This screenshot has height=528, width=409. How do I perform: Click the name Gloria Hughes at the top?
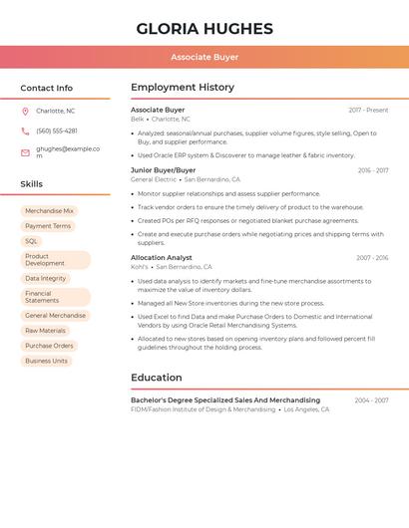(204, 28)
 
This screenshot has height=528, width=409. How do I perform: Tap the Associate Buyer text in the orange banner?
(204, 58)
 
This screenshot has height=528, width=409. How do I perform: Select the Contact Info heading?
(47, 88)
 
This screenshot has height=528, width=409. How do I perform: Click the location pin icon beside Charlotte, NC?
(25, 111)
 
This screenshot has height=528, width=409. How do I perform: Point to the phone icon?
(25, 131)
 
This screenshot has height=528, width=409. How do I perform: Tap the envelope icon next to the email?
(25, 152)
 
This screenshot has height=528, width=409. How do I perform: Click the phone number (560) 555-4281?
(57, 131)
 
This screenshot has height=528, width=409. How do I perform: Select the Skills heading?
(32, 184)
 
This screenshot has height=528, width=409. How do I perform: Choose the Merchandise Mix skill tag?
(49, 211)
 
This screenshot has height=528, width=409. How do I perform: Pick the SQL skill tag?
(32, 241)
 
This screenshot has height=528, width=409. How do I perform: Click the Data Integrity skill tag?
(46, 279)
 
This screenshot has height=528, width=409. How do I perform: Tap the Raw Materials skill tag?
(46, 331)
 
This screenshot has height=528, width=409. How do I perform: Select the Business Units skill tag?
(47, 361)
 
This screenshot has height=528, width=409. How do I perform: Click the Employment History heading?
(183, 88)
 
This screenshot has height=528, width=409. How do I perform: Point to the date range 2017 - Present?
(368, 110)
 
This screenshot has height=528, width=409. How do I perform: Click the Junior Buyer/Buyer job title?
(164, 170)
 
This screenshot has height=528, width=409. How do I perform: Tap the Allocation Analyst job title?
(162, 257)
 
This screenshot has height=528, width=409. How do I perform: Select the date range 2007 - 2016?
(372, 258)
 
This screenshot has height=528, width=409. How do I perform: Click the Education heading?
(157, 378)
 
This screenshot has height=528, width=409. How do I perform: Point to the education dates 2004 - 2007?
(371, 400)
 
